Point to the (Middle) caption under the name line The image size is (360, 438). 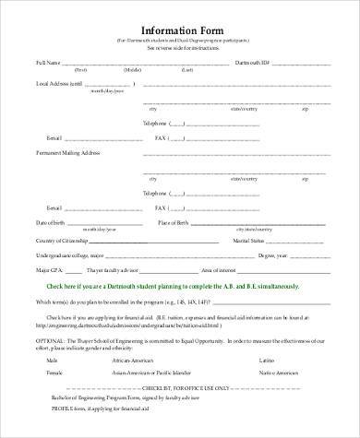pos(132,70)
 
